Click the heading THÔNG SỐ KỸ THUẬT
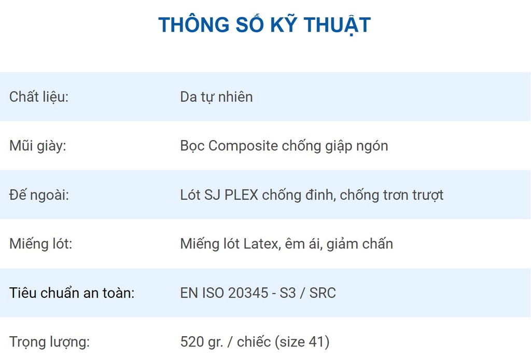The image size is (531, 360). coord(264,24)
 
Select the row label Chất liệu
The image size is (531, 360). coord(39,97)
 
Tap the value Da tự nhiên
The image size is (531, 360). coord(216,97)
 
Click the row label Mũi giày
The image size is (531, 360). coord(37,146)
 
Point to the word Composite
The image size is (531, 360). coord(243,146)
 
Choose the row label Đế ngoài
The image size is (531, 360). coord(39,195)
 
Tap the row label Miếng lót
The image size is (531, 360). coord(40,244)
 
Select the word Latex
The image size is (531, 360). coord(262,244)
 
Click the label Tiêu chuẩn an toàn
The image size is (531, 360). coord(72,293)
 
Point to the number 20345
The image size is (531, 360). coord(248,293)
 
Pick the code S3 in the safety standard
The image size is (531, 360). coord(287,293)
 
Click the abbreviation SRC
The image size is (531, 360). coord(323,293)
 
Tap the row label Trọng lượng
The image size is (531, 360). coord(49,342)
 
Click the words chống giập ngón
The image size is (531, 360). coord(335,146)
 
